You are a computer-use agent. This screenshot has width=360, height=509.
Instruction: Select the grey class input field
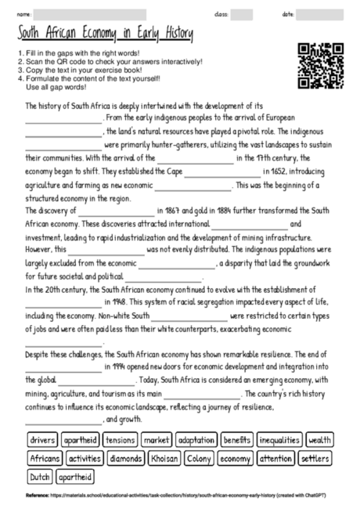[241, 14]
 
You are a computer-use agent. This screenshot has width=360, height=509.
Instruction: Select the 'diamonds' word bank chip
[125, 458]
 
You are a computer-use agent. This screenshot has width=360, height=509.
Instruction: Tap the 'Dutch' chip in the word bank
[39, 476]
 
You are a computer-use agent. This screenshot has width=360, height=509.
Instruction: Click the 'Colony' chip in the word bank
[200, 458]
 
